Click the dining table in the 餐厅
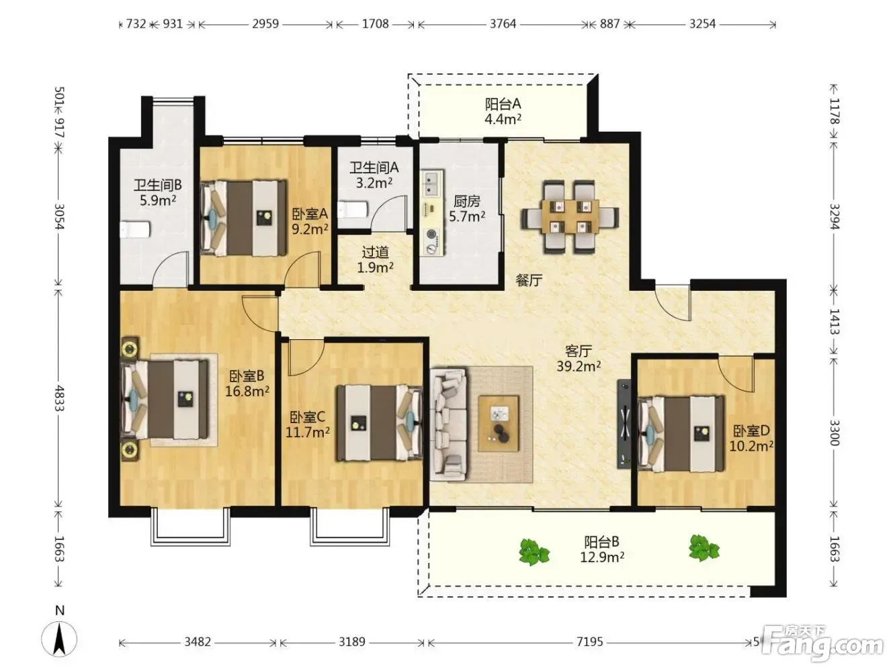click(570, 217)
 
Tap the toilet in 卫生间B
click(135, 229)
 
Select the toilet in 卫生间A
click(353, 210)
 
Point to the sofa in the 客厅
click(449, 423)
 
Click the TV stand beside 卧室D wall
click(624, 424)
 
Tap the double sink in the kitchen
click(430, 184)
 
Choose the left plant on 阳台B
click(534, 552)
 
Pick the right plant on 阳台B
click(704, 548)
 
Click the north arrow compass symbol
click(60, 639)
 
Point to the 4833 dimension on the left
click(60, 398)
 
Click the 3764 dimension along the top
click(503, 24)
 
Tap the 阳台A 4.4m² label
click(503, 111)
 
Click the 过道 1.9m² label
click(375, 260)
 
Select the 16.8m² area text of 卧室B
click(247, 392)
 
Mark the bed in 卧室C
click(379, 423)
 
